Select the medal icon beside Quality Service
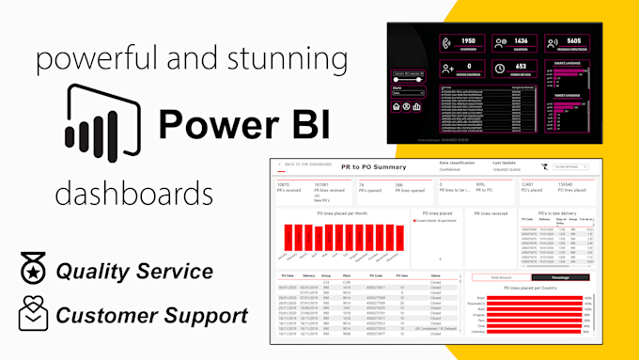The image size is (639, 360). tap(34, 271)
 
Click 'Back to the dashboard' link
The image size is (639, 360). tap(304, 164)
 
